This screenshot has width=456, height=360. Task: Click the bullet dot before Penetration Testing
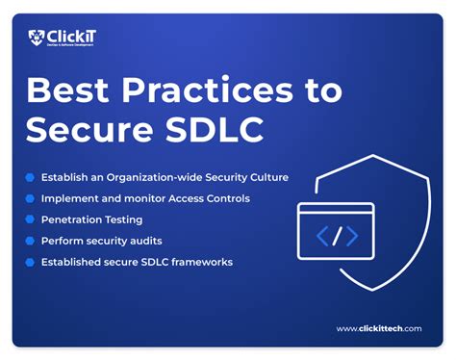point(30,219)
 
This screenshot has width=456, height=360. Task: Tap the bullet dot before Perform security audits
point(30,241)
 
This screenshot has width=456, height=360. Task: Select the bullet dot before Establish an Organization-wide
point(30,177)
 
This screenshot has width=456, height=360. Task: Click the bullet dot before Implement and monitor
point(30,198)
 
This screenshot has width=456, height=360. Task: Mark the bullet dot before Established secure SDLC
point(30,262)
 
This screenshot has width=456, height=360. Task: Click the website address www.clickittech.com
point(379,329)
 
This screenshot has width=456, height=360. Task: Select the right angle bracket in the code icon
point(352,235)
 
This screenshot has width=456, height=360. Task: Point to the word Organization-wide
point(177,177)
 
